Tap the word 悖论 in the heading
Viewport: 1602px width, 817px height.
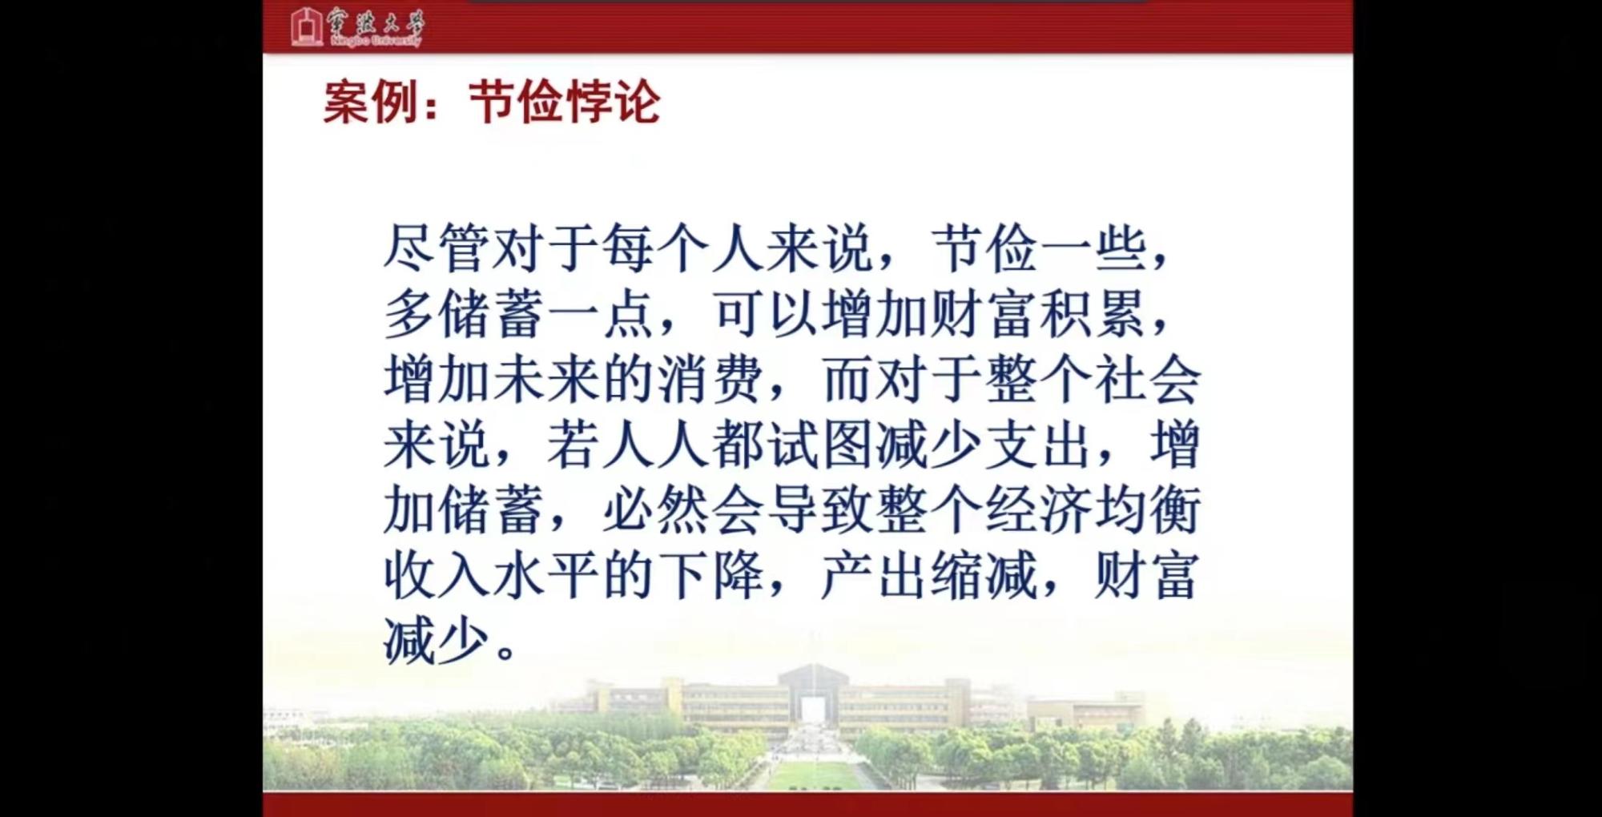613,103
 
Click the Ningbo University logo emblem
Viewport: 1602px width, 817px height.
306,26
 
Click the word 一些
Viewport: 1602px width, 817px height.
1094,248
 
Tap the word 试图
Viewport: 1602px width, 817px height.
819,445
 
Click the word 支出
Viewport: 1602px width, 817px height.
1038,445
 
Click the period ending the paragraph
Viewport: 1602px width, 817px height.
505,650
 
